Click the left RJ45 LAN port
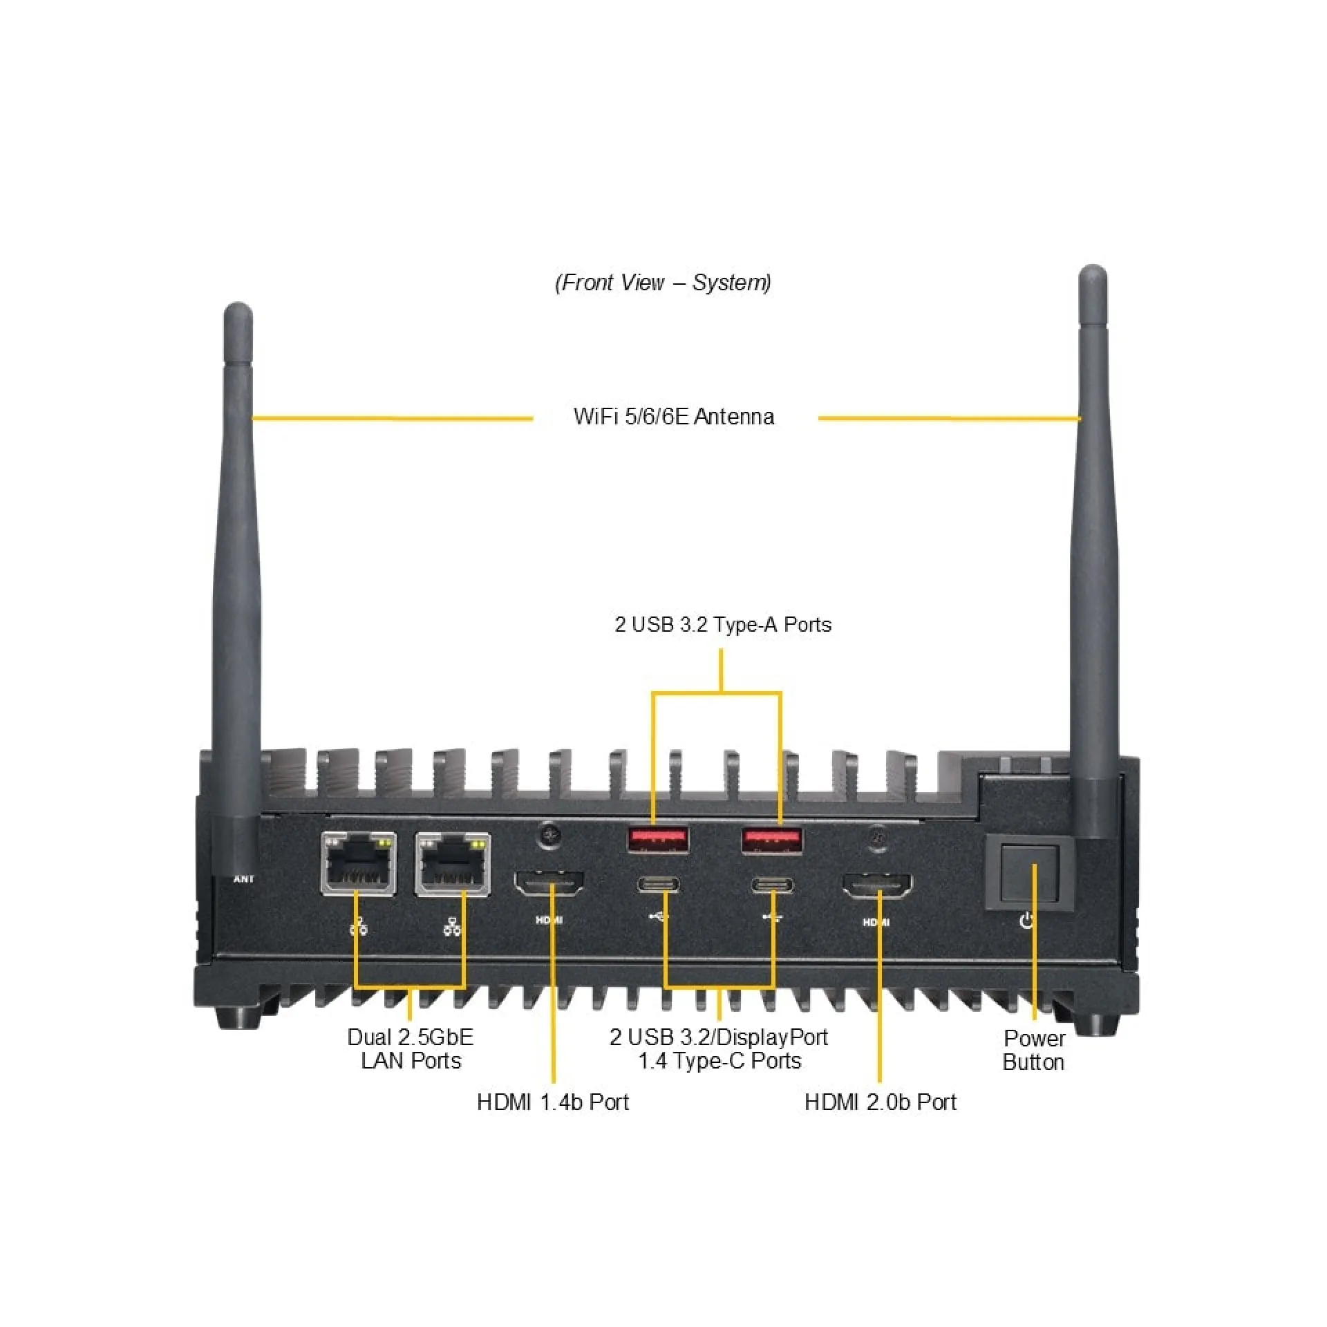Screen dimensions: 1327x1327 tap(359, 863)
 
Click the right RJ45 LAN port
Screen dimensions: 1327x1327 tap(453, 865)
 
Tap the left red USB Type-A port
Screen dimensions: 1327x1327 tap(658, 840)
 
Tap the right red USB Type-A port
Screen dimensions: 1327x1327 tap(772, 840)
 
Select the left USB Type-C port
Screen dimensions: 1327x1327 tap(657, 885)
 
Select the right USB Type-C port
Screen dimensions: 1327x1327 tap(773, 885)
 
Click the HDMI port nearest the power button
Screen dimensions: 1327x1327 tap(876, 885)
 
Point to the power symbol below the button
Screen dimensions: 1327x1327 tap(1028, 921)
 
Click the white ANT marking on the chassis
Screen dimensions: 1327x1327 tap(244, 879)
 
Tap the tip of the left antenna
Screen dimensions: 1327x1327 tap(238, 303)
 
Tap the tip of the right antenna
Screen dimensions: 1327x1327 tap(1093, 266)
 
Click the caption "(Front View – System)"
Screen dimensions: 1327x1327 tap(663, 282)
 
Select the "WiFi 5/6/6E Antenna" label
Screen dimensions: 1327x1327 tap(674, 417)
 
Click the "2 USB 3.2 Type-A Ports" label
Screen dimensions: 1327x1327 tap(723, 624)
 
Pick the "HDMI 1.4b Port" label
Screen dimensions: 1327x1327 tap(553, 1102)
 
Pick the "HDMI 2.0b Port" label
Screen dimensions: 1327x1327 tap(881, 1102)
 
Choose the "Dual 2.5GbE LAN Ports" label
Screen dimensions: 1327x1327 tap(411, 1048)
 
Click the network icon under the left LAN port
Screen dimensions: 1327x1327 tap(359, 926)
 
